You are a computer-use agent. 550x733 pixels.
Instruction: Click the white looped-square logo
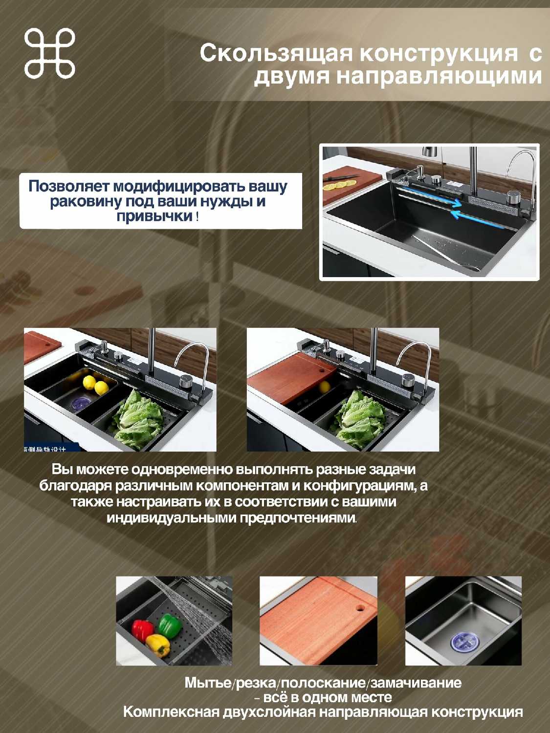[49, 53]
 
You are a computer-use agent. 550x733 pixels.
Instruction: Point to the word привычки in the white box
[154, 216]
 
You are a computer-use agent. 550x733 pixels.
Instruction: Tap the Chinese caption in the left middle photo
[45, 449]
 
